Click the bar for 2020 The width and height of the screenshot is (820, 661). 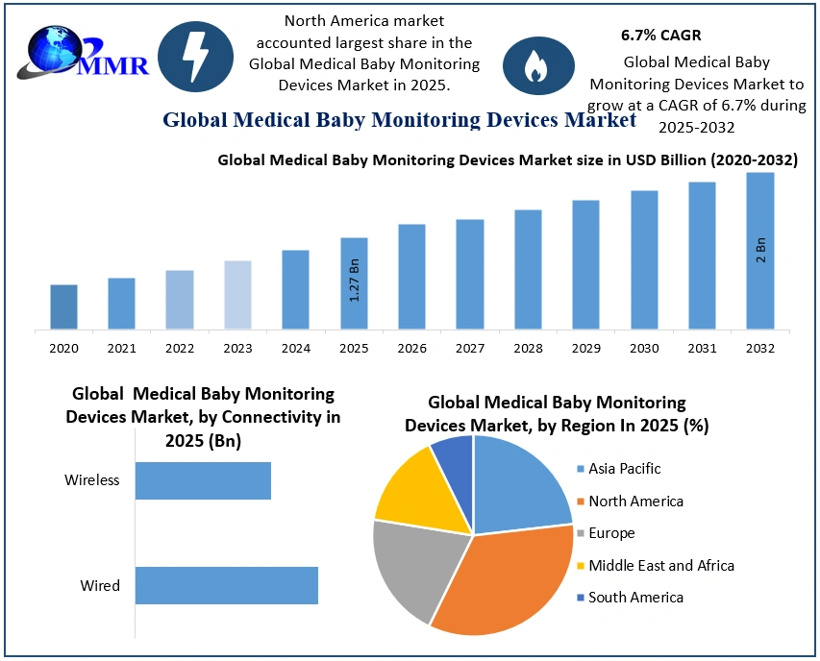point(63,306)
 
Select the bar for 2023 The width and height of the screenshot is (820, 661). point(237,295)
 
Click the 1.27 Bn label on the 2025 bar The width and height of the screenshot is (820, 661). point(354,280)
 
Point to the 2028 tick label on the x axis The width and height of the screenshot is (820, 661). point(528,348)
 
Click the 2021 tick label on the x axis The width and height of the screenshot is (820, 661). point(121,348)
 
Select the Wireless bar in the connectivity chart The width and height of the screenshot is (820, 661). point(203,480)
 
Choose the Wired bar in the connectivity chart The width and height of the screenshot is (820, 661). point(226,585)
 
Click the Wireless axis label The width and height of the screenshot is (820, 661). point(92,479)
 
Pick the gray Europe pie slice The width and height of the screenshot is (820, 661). point(413,567)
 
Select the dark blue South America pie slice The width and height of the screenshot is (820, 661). point(454,456)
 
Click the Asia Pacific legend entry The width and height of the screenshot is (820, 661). point(625,469)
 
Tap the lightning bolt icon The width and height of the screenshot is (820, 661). point(195,58)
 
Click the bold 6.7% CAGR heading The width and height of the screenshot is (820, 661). point(661,36)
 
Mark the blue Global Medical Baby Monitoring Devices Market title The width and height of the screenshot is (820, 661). point(399,120)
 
